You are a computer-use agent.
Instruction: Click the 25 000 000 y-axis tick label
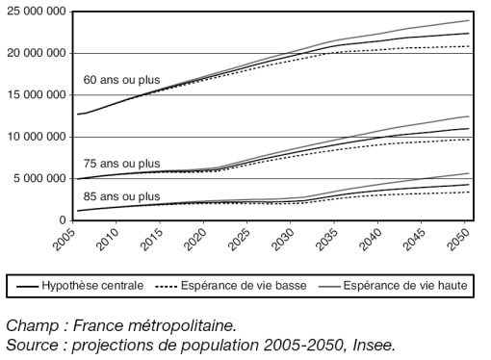35,12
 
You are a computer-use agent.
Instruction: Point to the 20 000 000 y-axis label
35,53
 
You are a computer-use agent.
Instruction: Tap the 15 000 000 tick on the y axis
35,95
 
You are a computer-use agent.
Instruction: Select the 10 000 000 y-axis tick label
35,137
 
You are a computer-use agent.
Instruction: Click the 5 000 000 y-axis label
39,178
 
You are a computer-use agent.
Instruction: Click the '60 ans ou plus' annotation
122,80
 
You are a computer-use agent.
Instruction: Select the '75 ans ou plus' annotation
122,164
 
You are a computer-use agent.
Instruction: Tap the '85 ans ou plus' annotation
122,196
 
